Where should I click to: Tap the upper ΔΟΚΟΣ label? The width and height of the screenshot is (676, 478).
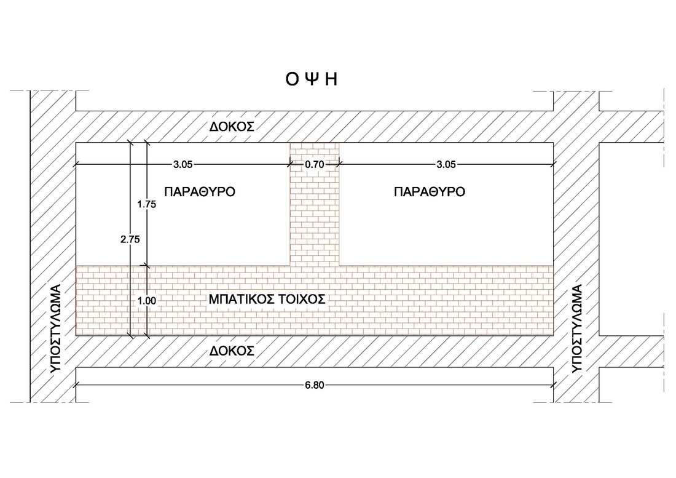pos(232,127)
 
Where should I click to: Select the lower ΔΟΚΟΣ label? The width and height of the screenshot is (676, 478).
pos(232,351)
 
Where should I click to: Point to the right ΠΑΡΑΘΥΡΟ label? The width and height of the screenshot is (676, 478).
pos(430,192)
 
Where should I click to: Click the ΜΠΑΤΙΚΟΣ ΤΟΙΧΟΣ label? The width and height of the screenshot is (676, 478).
pos(267,300)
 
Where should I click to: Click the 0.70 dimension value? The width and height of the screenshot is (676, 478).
pos(315,164)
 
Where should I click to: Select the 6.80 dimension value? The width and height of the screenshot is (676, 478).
pos(314,386)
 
